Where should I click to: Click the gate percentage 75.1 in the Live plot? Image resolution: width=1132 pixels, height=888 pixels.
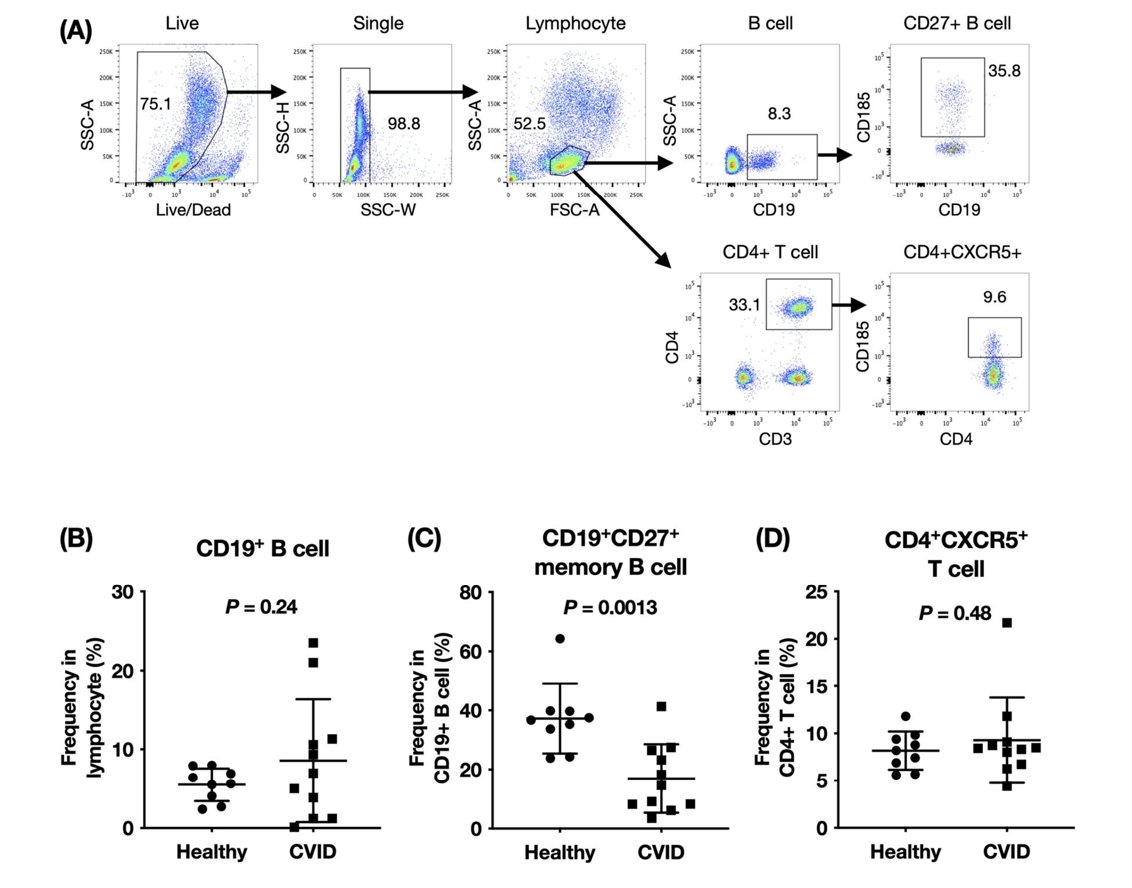point(156,104)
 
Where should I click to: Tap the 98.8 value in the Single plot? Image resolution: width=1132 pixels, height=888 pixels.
point(403,124)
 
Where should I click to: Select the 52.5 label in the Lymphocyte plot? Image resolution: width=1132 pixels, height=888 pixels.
point(529,124)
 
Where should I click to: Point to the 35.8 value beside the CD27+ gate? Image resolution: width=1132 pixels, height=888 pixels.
point(1004,71)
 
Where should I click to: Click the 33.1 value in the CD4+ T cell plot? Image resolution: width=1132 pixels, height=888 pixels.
point(744,305)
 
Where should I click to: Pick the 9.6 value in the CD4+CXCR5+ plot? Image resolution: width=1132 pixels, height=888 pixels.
point(994,297)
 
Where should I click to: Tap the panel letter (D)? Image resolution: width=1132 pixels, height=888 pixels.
point(773,539)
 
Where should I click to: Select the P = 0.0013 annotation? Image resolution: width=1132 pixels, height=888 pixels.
point(610,608)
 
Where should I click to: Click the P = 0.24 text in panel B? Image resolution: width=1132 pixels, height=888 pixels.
point(261,607)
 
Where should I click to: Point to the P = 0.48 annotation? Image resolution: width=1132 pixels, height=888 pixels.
point(955,613)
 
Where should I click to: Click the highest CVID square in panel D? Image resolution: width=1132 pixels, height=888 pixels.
point(1007,623)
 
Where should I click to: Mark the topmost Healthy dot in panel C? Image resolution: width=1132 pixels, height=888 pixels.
point(560,638)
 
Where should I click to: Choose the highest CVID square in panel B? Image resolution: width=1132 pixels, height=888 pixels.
point(313,642)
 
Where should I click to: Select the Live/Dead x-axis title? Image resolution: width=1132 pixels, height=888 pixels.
point(193,210)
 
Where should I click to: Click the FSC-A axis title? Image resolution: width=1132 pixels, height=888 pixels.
point(575,210)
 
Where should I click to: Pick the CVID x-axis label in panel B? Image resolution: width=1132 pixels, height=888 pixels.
point(313,851)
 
